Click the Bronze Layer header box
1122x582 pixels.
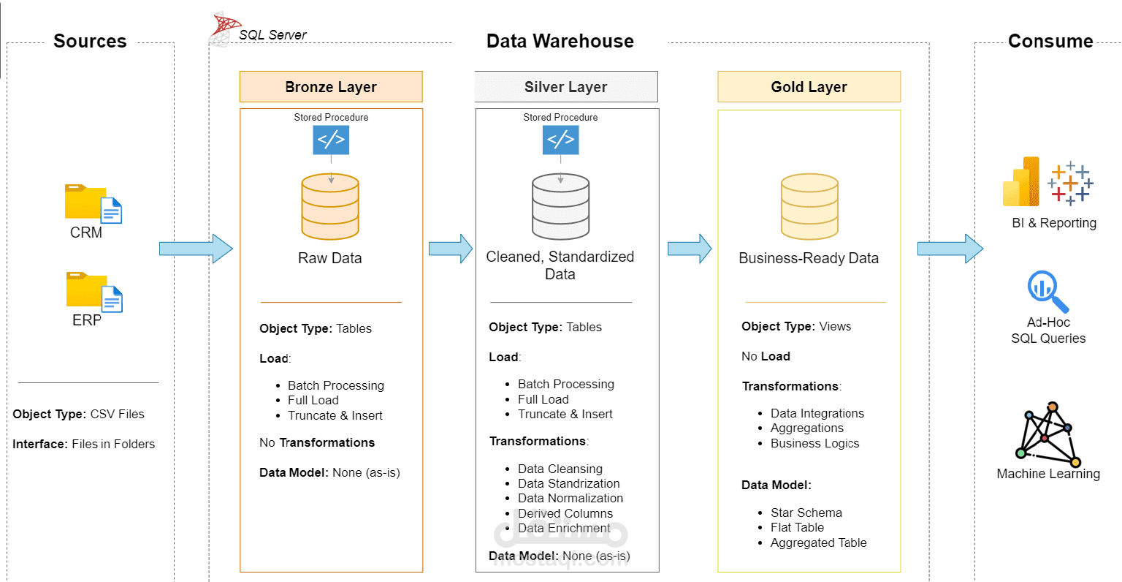331,87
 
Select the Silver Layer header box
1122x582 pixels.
566,87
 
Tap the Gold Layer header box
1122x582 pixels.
809,87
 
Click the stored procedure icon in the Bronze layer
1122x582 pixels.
331,140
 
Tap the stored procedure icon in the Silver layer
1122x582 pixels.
560,140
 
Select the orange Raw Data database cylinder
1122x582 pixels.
330,207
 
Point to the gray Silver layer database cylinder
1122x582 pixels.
560,207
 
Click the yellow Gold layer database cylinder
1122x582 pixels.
809,207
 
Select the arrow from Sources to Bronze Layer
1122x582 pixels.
196,249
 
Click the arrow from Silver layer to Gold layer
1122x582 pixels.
689,249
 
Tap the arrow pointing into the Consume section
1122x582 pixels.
950,249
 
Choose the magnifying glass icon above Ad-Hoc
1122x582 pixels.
1047,291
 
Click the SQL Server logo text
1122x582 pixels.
272,35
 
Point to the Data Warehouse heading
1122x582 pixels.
560,41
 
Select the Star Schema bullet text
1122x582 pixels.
806,513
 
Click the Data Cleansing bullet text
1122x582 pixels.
560,469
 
